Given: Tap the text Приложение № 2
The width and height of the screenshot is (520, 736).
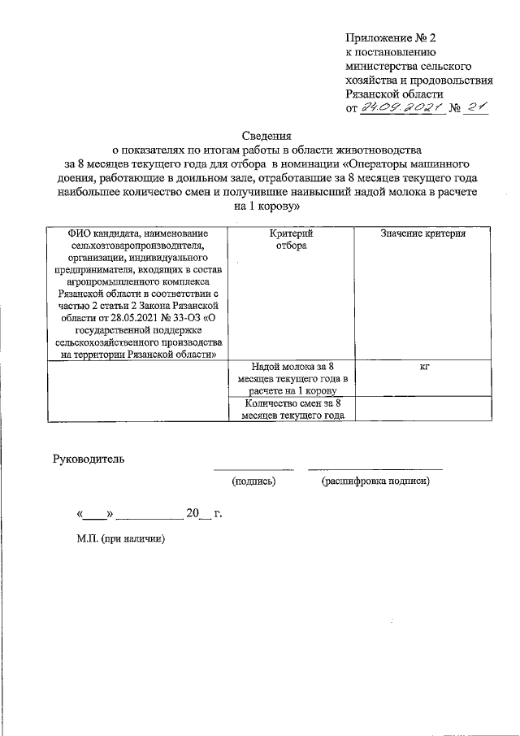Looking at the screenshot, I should point(391,37).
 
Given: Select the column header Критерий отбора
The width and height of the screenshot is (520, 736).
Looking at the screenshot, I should point(290,239).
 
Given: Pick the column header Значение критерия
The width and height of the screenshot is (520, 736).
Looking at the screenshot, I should point(423,233).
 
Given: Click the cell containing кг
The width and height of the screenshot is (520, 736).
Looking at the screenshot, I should point(423,367).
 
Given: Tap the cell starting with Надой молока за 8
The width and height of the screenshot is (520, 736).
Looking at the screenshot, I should point(292,378).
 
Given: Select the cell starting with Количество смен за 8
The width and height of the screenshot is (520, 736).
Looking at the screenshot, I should point(292,408).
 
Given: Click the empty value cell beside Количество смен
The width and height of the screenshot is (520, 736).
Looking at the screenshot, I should point(423,408).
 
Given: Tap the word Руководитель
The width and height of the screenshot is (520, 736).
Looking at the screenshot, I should point(89,459).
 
